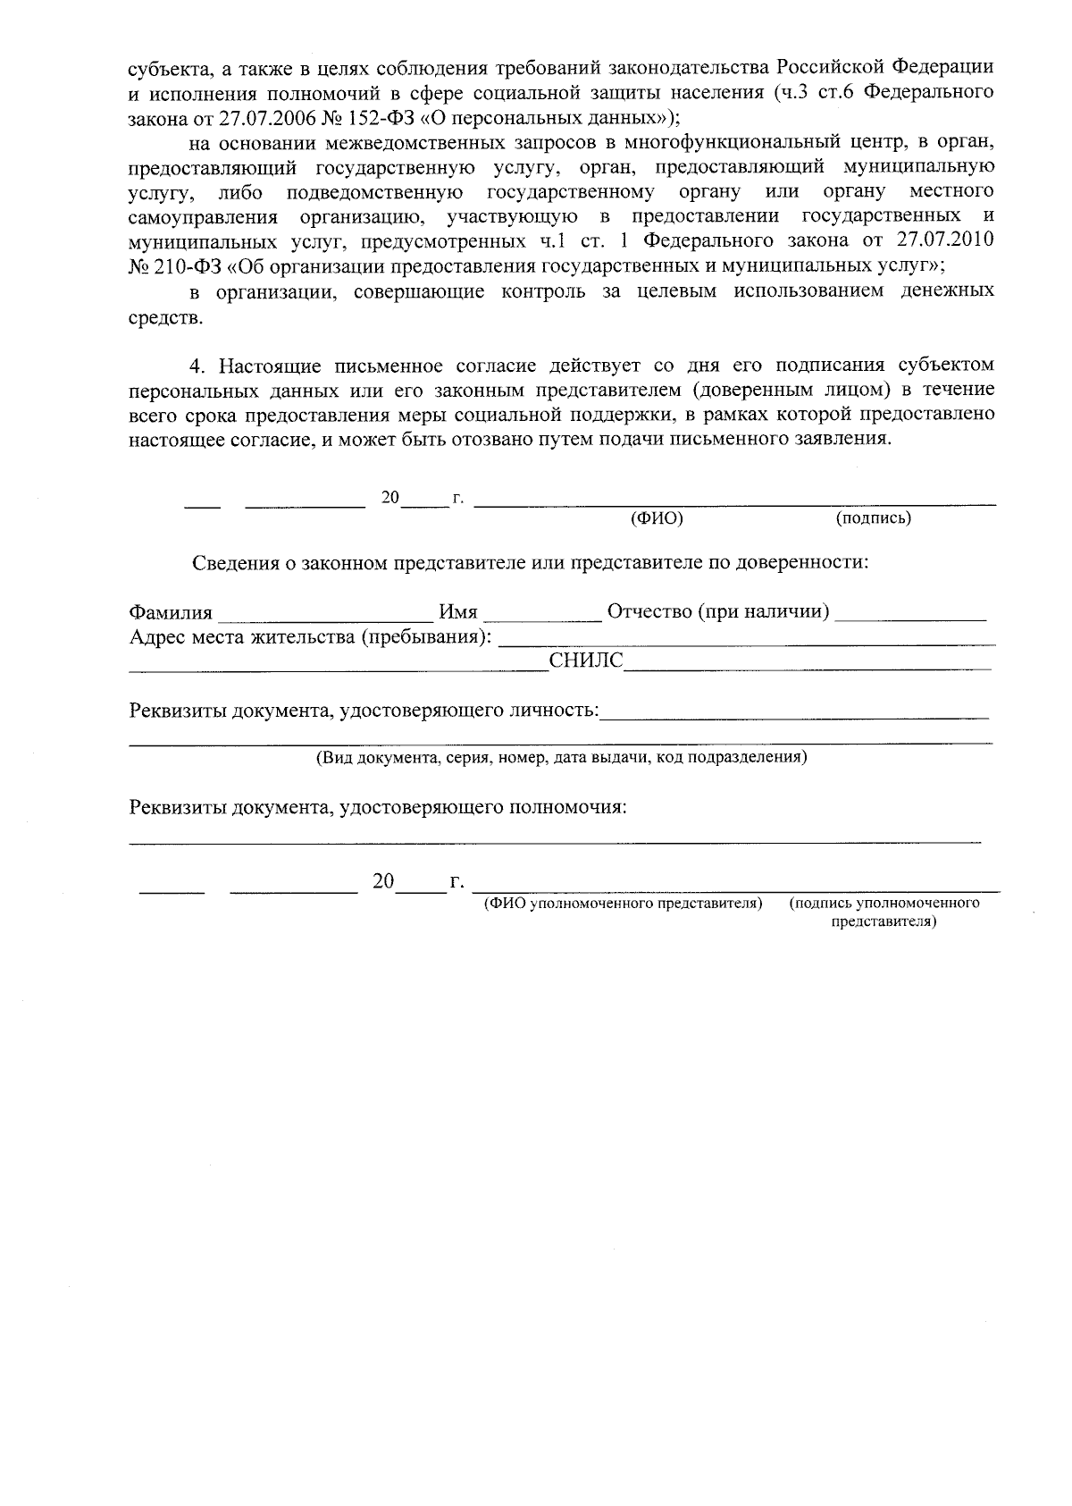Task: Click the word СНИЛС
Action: click(x=585, y=661)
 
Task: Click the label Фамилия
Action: click(x=171, y=613)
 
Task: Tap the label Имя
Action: click(x=458, y=613)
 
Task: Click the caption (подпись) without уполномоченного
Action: click(x=873, y=518)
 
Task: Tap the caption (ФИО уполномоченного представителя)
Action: click(x=623, y=903)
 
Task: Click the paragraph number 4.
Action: click(x=198, y=366)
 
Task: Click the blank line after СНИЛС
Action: click(x=807, y=667)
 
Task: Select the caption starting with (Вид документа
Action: click(x=561, y=758)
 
